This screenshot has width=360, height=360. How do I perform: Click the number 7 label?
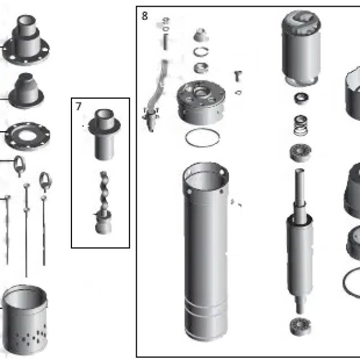pyautogui.click(x=79, y=106)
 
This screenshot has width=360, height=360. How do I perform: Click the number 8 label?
pyautogui.click(x=145, y=16)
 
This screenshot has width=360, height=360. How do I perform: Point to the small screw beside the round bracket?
pyautogui.click(x=238, y=75)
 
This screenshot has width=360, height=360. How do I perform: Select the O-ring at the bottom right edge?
pyautogui.click(x=352, y=280)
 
